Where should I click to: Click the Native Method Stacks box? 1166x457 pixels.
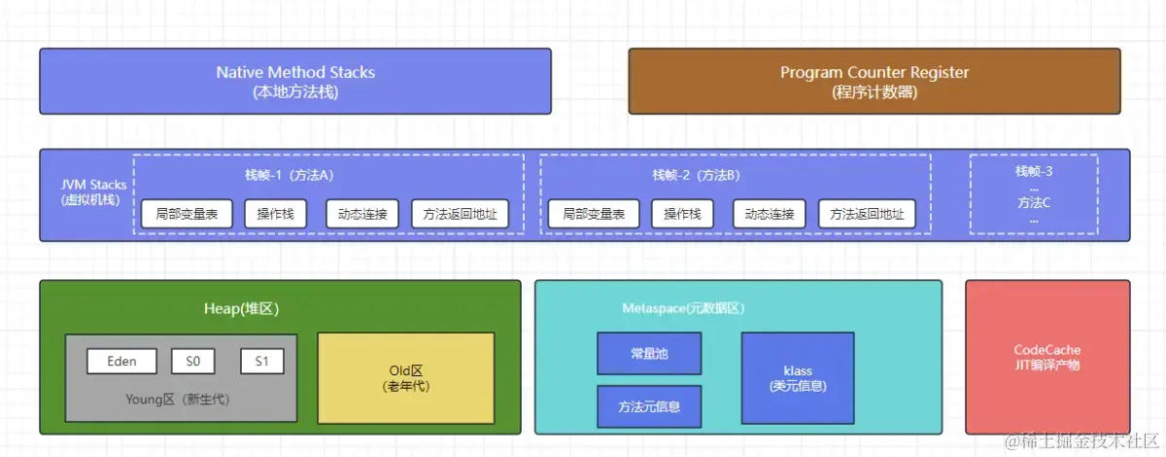(x=294, y=82)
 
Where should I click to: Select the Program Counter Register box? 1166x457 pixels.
(x=874, y=82)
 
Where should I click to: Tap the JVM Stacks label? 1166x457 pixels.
(x=88, y=193)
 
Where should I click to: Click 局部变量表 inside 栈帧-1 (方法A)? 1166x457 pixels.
(x=187, y=214)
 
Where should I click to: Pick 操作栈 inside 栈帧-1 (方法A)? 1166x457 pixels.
(x=275, y=214)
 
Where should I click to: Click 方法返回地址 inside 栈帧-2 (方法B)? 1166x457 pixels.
(x=866, y=214)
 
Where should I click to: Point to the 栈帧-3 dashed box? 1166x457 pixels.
(x=1033, y=194)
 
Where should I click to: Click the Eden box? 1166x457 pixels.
(x=121, y=362)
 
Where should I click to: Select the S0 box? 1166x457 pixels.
(x=192, y=362)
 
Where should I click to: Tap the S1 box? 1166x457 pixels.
(x=262, y=362)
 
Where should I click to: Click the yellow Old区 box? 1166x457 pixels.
(x=405, y=377)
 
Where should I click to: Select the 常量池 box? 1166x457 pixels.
(x=647, y=354)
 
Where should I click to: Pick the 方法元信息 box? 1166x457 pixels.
(x=647, y=406)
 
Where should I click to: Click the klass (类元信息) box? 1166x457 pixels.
(x=797, y=377)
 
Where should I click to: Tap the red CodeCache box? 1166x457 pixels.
(x=1046, y=357)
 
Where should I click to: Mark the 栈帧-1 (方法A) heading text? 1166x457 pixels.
(x=289, y=175)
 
